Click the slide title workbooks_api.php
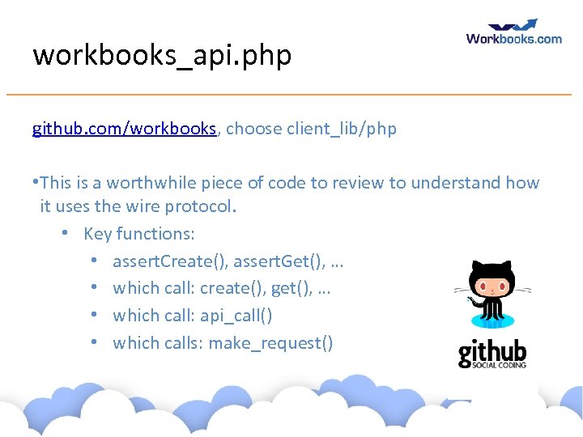(162, 55)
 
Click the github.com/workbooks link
(124, 129)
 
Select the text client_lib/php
(341, 129)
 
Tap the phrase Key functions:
(138, 234)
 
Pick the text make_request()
(270, 343)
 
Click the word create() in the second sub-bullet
(224, 288)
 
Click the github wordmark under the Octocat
(492, 352)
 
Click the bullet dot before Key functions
(65, 234)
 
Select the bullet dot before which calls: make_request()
(94, 343)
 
